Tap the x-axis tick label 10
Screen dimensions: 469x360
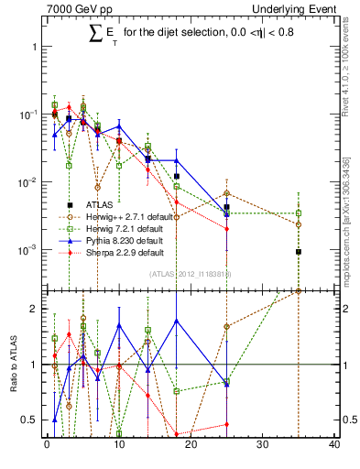(118, 445)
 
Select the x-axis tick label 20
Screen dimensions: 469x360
(191, 445)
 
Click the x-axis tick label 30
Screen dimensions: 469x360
(262, 445)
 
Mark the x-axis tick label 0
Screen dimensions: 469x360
(47, 445)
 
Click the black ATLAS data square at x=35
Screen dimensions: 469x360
(299, 252)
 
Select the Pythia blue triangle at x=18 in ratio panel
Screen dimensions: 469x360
(176, 321)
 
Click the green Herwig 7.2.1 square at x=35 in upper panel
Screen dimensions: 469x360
(299, 213)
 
